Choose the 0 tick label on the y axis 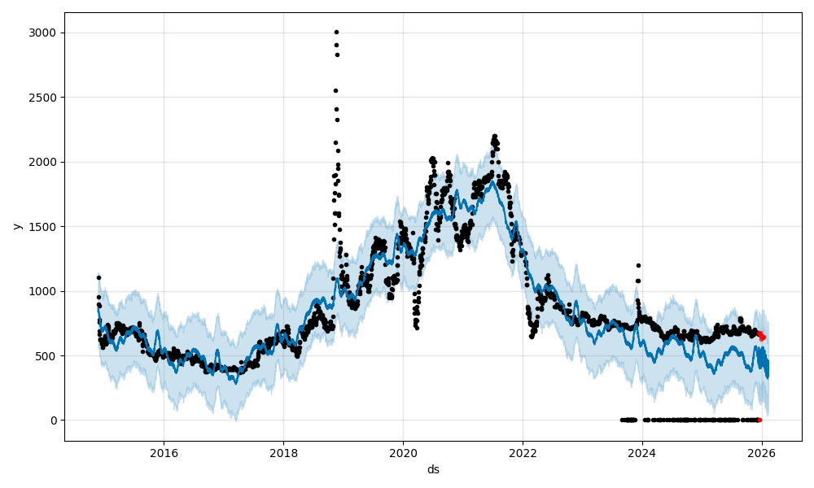53,420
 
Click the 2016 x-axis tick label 164,453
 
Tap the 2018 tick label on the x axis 283,453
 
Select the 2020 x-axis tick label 403,453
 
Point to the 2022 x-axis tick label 523,453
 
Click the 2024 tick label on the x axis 642,453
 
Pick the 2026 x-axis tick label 762,453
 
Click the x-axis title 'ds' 433,469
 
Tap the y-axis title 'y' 16,226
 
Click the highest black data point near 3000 336,33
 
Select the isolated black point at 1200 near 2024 638,265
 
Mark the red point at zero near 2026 759,420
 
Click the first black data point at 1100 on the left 98,277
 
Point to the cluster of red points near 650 761,335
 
